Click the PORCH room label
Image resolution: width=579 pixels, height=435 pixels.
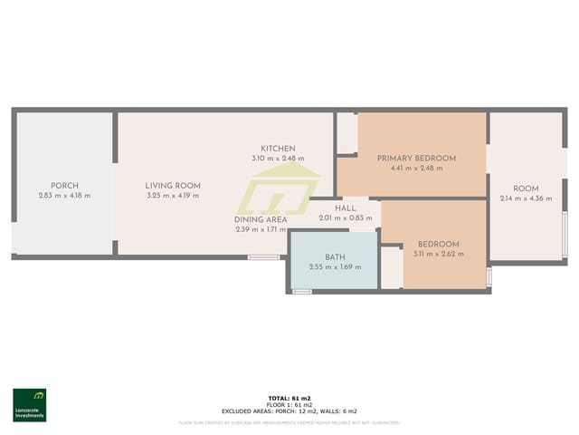pos(64,185)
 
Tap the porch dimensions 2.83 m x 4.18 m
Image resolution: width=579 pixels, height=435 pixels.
pos(64,195)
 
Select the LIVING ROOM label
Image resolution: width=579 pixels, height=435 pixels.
pos(173,185)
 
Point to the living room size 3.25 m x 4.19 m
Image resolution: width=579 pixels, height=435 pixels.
pos(173,195)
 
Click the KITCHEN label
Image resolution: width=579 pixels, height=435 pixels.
pos(278,149)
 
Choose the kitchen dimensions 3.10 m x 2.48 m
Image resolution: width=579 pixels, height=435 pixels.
pos(278,159)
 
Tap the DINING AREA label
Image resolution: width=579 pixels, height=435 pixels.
pos(261,219)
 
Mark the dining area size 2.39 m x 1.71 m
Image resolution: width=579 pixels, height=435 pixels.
pos(261,229)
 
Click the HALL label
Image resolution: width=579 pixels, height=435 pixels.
pos(346,208)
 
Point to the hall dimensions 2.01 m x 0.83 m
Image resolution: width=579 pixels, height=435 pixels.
pos(346,218)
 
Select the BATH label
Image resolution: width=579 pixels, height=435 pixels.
pos(335,256)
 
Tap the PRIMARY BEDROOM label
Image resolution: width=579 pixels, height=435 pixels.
pos(416,158)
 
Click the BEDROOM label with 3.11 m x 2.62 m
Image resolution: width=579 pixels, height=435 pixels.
pos(438,244)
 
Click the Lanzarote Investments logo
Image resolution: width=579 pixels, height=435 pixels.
pos(29,405)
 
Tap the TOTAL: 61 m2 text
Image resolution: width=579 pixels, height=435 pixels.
pos(289,398)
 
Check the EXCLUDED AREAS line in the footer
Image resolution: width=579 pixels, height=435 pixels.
pos(289,411)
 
